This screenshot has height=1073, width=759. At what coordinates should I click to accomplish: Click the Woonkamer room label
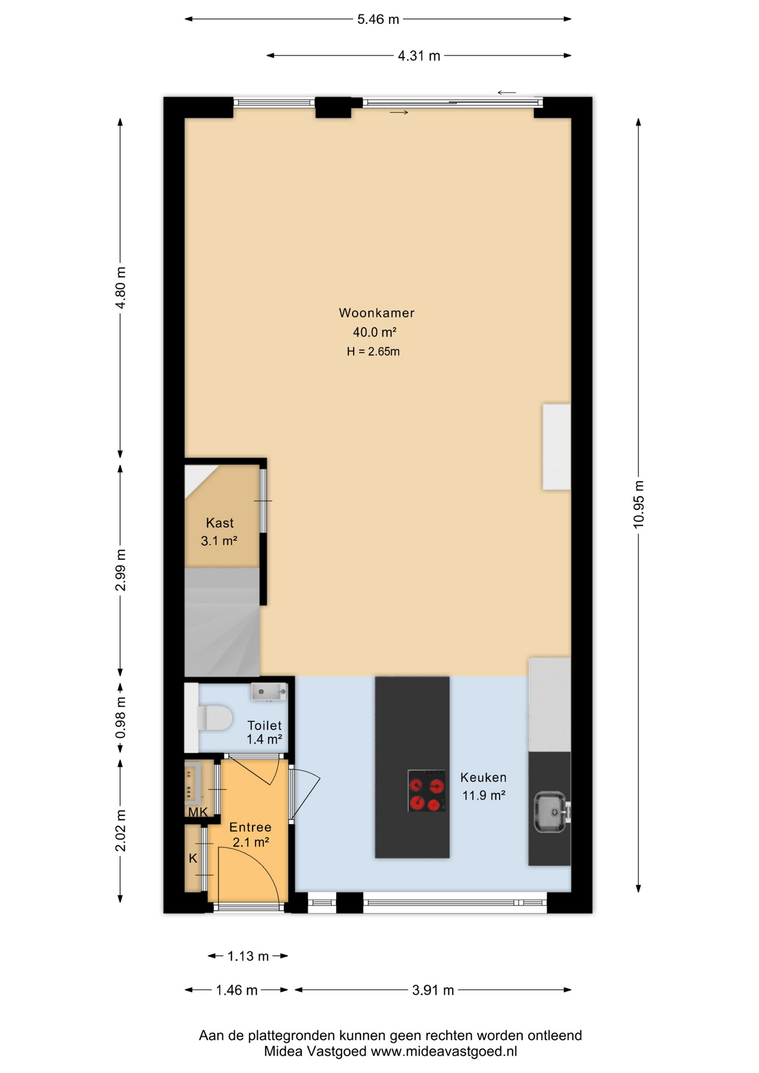pos(376,313)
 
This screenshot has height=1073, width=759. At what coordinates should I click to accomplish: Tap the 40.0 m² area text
pos(374,333)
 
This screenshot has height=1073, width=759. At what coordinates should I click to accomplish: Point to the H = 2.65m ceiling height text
pos(373,352)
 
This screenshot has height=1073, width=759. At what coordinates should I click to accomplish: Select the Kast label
pos(220,523)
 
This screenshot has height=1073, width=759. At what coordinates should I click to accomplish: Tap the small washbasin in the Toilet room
pos(268,692)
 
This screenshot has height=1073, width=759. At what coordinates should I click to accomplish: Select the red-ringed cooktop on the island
pos(426,791)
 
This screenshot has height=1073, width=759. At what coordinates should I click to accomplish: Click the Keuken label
pos(483,777)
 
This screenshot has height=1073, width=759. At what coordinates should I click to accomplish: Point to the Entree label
pos(250,827)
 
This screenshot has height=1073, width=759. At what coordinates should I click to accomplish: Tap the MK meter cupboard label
pos(198,812)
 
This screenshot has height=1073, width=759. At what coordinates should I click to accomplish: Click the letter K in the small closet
pos(193,858)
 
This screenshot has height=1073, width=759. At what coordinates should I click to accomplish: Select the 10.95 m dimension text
pos(638,504)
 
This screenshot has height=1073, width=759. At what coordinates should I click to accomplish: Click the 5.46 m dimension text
pos(378,20)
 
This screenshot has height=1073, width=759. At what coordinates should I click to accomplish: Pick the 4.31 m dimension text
pos(419,56)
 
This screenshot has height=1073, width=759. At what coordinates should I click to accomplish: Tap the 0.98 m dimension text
pos(121,718)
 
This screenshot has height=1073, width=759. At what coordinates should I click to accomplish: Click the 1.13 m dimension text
pos(248,956)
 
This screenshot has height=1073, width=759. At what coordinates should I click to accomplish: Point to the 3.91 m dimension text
pos(433,990)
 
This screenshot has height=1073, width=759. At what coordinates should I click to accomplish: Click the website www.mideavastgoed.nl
pos(444,1051)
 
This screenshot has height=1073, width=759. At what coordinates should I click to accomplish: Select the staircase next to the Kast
pos(222,623)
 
